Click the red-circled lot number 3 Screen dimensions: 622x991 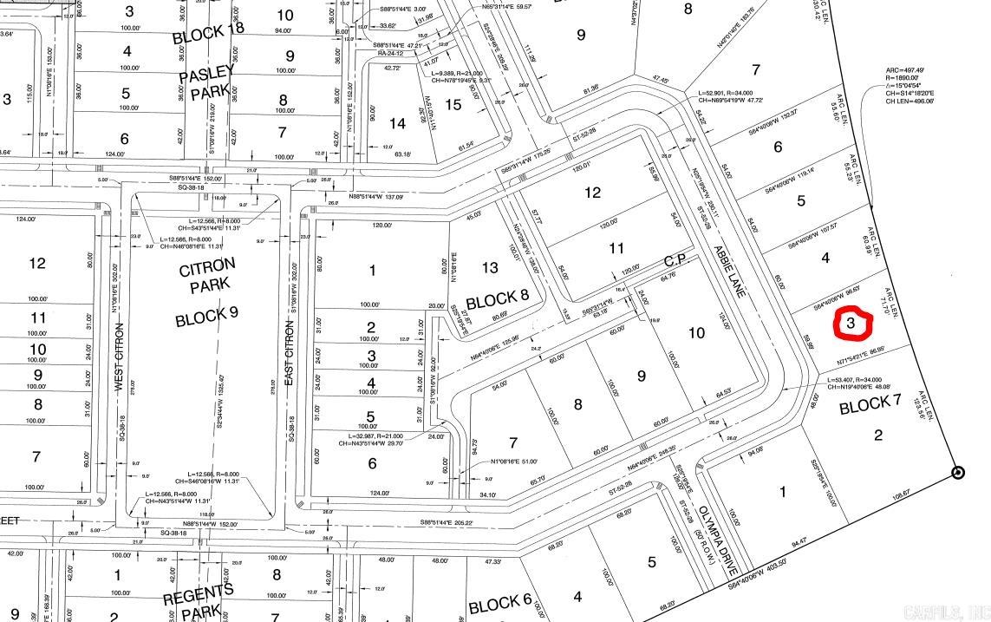[851, 324]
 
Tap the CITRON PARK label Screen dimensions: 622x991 [207, 278]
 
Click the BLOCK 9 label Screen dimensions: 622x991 [207, 318]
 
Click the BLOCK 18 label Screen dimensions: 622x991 [208, 36]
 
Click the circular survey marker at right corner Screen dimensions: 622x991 [957, 473]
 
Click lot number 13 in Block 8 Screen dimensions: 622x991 [490, 268]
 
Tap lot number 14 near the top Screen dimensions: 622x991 [397, 124]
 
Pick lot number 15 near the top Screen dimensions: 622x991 [453, 105]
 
